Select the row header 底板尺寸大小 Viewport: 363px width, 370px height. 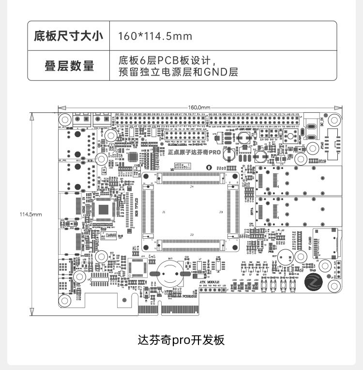tap(68, 36)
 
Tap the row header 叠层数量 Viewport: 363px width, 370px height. tap(68, 66)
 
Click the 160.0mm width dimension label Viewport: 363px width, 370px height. tap(199, 107)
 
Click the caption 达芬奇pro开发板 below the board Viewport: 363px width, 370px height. tap(181, 339)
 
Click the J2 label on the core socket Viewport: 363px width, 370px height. tap(192, 235)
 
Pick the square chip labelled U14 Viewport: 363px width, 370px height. tap(138, 266)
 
